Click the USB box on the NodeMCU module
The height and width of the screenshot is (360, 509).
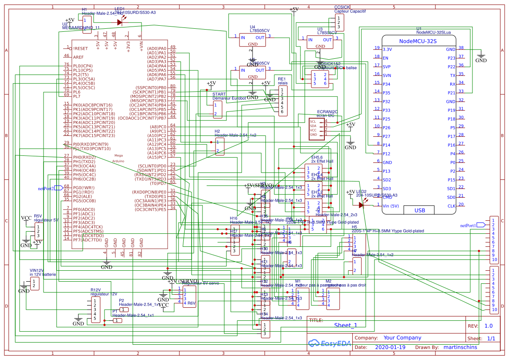419,210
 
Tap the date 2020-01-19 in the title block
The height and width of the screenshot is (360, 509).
390,347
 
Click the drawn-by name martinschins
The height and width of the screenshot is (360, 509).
460,347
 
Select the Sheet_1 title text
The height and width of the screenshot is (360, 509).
345,325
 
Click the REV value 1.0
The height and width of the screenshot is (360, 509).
488,326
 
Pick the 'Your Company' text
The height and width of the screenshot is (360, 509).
402,338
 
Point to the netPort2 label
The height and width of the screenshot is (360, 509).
46,189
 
